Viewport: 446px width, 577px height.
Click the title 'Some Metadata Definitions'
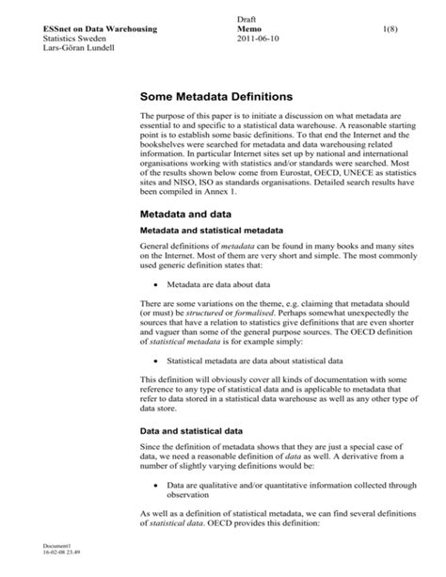pyautogui.click(x=216, y=96)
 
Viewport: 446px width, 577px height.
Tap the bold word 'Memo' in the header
pyautogui.click(x=253, y=31)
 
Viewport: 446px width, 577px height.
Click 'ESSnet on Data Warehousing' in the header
pyautogui.click(x=92, y=31)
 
